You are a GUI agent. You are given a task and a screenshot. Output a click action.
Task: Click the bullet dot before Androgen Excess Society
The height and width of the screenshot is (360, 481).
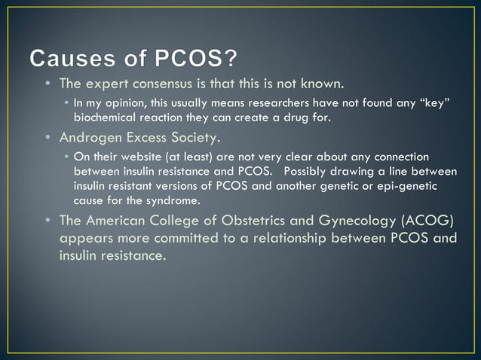pyautogui.click(x=49, y=139)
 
